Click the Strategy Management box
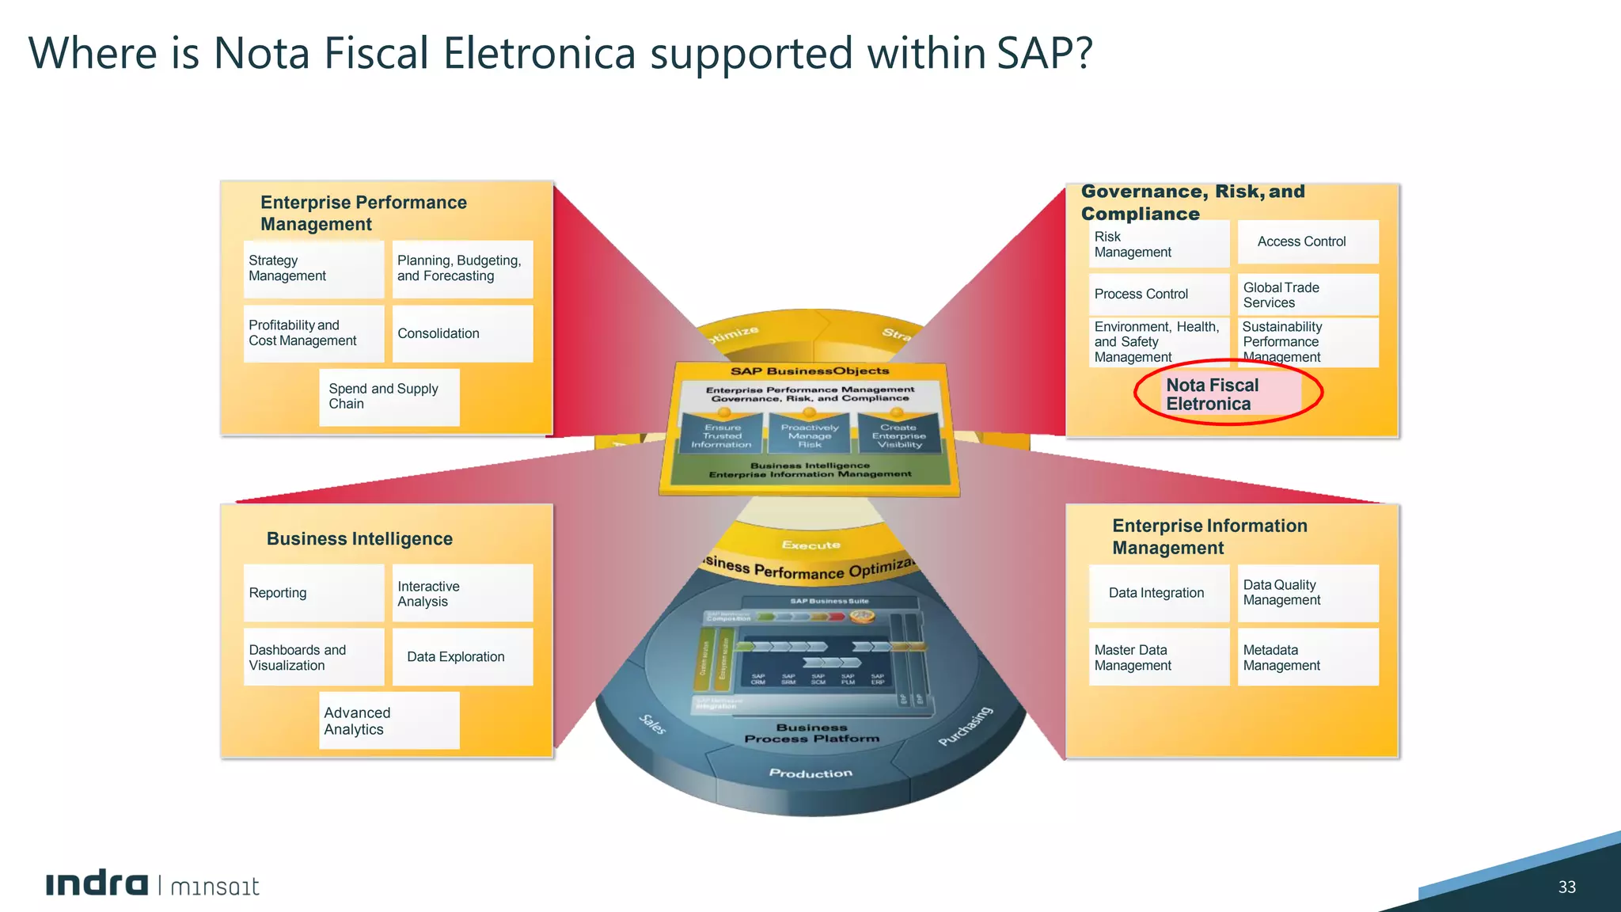pyautogui.click(x=313, y=268)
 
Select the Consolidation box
pyautogui.click(x=462, y=333)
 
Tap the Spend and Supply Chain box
pyautogui.click(x=389, y=397)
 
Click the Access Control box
pyautogui.click(x=1308, y=241)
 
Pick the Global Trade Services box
pyautogui.click(x=1308, y=294)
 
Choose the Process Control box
pyautogui.click(x=1158, y=294)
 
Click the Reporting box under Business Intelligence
pyautogui.click(x=313, y=593)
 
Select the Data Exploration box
pyautogui.click(x=462, y=656)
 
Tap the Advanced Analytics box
pyautogui.click(x=389, y=720)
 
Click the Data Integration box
pyautogui.click(x=1158, y=593)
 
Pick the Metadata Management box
pyautogui.click(x=1308, y=657)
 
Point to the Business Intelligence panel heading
pyautogui.click(x=359, y=539)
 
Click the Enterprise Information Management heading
pyautogui.click(x=1209, y=537)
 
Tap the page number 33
pyautogui.click(x=1566, y=887)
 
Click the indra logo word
pyautogui.click(x=97, y=883)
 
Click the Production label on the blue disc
pyautogui.click(x=810, y=773)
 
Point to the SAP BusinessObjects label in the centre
pyautogui.click(x=810, y=370)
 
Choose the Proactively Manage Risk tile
pyautogui.click(x=810, y=436)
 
